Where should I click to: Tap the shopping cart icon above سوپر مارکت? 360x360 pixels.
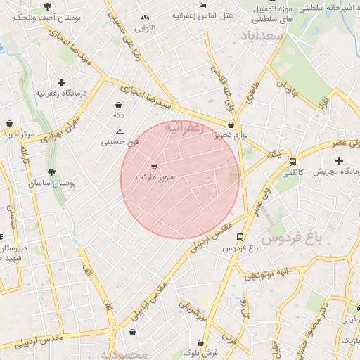(154, 167)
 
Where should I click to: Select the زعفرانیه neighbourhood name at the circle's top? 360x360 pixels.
(184, 129)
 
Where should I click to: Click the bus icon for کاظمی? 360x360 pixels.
(292, 162)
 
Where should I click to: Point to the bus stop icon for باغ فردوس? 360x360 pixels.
(240, 238)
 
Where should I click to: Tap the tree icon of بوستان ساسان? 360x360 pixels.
(51, 172)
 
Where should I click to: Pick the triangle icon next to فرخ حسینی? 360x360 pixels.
(120, 131)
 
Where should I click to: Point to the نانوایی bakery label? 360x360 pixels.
(145, 28)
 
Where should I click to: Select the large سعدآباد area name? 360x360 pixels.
(261, 35)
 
